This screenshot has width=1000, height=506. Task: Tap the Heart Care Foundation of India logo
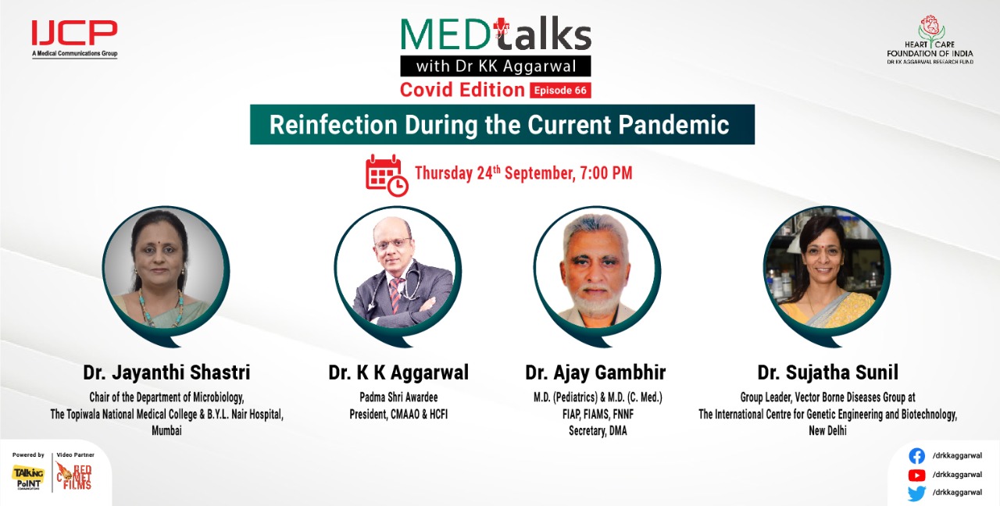click(930, 39)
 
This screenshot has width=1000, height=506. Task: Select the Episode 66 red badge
click(560, 90)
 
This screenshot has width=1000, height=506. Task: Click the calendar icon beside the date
click(386, 173)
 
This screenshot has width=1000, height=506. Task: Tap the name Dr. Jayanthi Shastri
click(166, 372)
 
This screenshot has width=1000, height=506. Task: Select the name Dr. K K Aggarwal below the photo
click(398, 372)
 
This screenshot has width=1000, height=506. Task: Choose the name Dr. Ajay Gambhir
click(595, 372)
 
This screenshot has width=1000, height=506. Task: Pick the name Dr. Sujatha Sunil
click(827, 372)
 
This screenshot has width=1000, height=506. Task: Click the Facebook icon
click(917, 456)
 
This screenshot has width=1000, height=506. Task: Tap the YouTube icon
click(917, 475)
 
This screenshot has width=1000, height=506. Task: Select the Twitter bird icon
click(917, 493)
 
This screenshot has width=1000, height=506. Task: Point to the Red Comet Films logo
click(75, 476)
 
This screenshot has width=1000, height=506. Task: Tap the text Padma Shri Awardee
click(398, 397)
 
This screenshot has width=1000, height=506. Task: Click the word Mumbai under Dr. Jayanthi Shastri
click(166, 430)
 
